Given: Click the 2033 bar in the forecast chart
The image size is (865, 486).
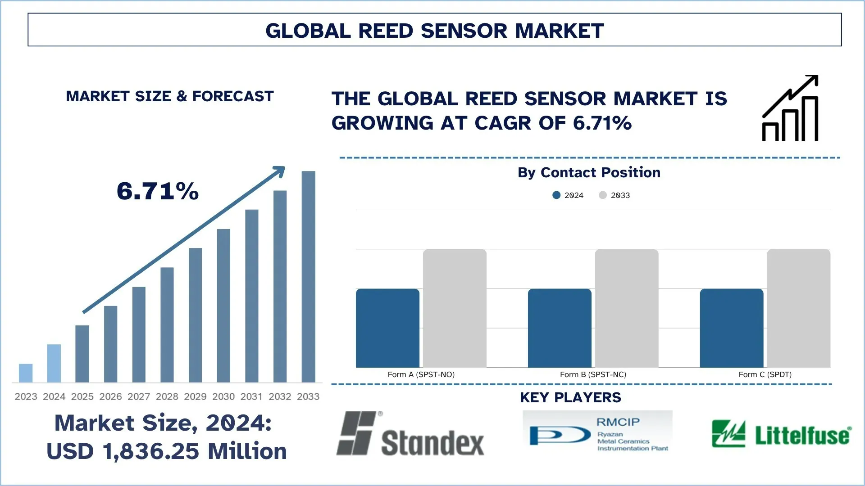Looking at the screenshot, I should pos(308,277).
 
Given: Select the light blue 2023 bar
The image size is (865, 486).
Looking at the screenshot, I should pos(26,373).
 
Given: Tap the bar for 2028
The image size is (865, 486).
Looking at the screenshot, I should pos(167,325).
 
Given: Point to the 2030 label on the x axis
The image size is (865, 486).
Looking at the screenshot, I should pos(223,396).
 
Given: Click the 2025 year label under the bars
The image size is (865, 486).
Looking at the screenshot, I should pos(82,396).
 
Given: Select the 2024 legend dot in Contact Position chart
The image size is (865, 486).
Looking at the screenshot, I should pos(556,195).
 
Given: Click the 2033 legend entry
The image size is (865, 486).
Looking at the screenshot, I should pos(615,195).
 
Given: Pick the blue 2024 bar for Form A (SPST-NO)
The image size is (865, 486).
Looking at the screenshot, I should pos(387,328).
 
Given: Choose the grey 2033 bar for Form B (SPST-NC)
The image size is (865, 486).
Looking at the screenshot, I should pos(626,308).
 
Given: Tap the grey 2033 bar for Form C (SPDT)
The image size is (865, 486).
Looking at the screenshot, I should pos(798,308).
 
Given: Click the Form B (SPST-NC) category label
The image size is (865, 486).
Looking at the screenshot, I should pos(593,374).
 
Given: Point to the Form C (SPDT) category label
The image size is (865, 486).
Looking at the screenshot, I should pos(765,374).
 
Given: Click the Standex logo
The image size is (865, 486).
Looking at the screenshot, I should pos(410,434).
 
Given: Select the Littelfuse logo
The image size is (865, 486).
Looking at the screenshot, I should pos(781,434).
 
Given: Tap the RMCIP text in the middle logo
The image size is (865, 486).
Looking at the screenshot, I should pos(618,422).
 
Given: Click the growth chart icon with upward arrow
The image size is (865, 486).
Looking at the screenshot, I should pos(790,108).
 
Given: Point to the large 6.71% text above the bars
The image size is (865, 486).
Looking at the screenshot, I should pos(158,191).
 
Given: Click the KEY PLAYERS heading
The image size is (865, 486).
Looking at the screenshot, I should pos(570,397).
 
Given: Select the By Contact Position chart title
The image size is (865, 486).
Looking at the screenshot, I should pos(589,172).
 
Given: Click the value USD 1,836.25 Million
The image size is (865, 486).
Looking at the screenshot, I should pos(167,451).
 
